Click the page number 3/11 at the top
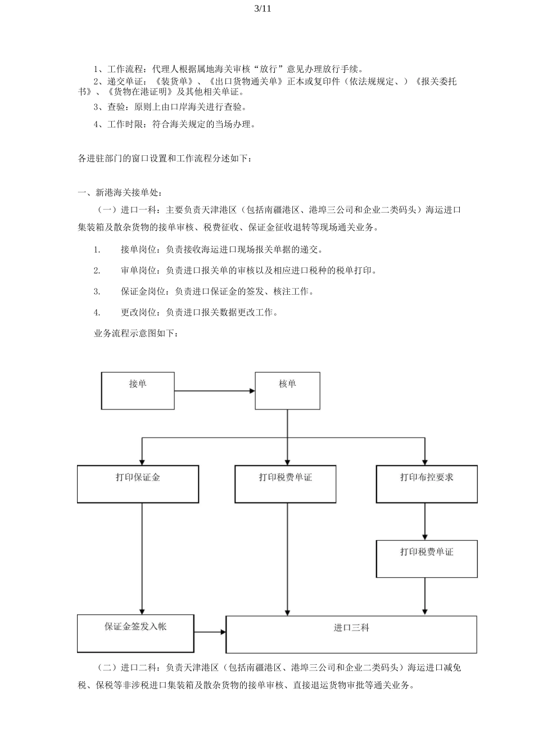263,8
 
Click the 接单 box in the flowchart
138,390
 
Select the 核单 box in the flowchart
287,390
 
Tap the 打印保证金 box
138,484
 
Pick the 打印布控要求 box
427,484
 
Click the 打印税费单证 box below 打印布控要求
427,559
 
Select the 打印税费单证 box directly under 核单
286,484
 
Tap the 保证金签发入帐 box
135,633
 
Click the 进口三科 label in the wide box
351,628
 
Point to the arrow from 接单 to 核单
214,391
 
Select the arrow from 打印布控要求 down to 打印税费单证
425,521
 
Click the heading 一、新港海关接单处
120,193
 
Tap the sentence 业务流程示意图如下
137,334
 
